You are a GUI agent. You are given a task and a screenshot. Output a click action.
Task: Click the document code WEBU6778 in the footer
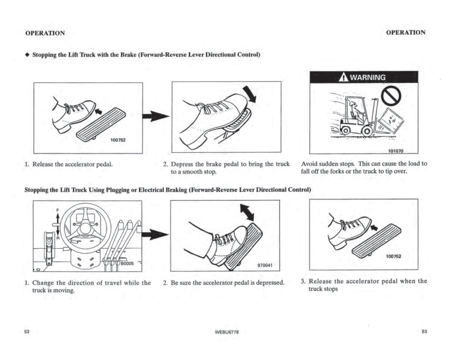coord(227,333)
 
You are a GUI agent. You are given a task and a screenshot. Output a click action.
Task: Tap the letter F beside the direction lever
coord(58,209)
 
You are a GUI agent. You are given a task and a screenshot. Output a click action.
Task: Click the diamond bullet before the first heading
coord(26,55)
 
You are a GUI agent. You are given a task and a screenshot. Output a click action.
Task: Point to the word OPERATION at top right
coord(405,32)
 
